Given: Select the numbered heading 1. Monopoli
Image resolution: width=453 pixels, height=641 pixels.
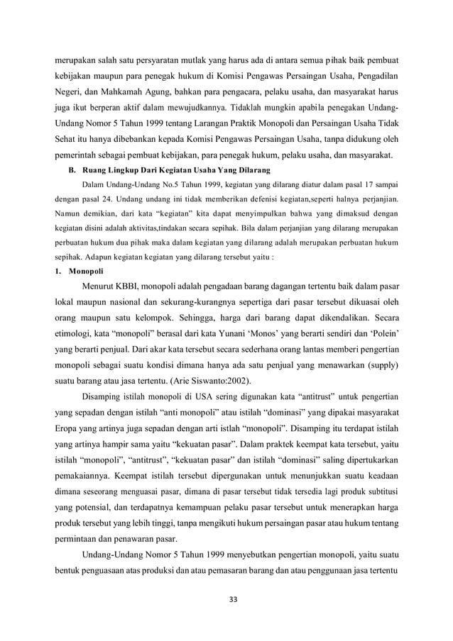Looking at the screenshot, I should click(79, 269).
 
